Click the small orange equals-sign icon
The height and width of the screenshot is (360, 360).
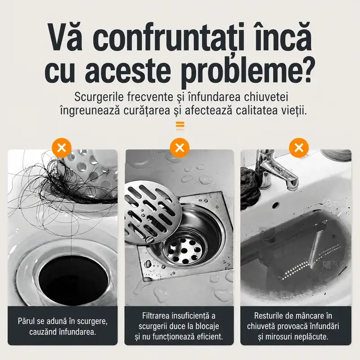pyautogui.click(x=180, y=126)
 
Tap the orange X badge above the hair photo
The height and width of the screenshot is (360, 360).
pyautogui.click(x=62, y=148)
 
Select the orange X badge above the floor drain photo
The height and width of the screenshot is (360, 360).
pyautogui.click(x=180, y=148)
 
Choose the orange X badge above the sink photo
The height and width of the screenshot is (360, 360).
pyautogui.click(x=299, y=148)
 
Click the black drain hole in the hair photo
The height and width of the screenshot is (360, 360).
pyautogui.click(x=73, y=280)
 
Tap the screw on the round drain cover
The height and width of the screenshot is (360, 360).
pyautogui.click(x=149, y=239)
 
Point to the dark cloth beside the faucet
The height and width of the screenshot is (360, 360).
pyautogui.click(x=250, y=186)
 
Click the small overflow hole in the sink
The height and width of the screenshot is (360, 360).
pyautogui.click(x=275, y=205)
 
